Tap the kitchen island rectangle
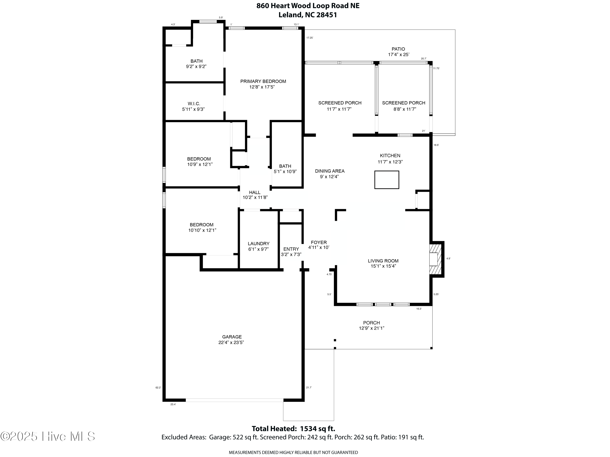coord(386,180)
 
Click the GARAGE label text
coord(232,337)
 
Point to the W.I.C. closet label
coord(194,104)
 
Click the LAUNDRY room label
coord(258,244)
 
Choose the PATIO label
coord(398,49)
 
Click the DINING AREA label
coord(330,171)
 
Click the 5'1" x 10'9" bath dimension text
coord(285,172)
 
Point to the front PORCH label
coord(371,323)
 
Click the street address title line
coord(308,6)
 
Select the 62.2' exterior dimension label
coord(158,388)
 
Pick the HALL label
coord(255,192)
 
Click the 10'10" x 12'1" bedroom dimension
coord(202,230)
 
